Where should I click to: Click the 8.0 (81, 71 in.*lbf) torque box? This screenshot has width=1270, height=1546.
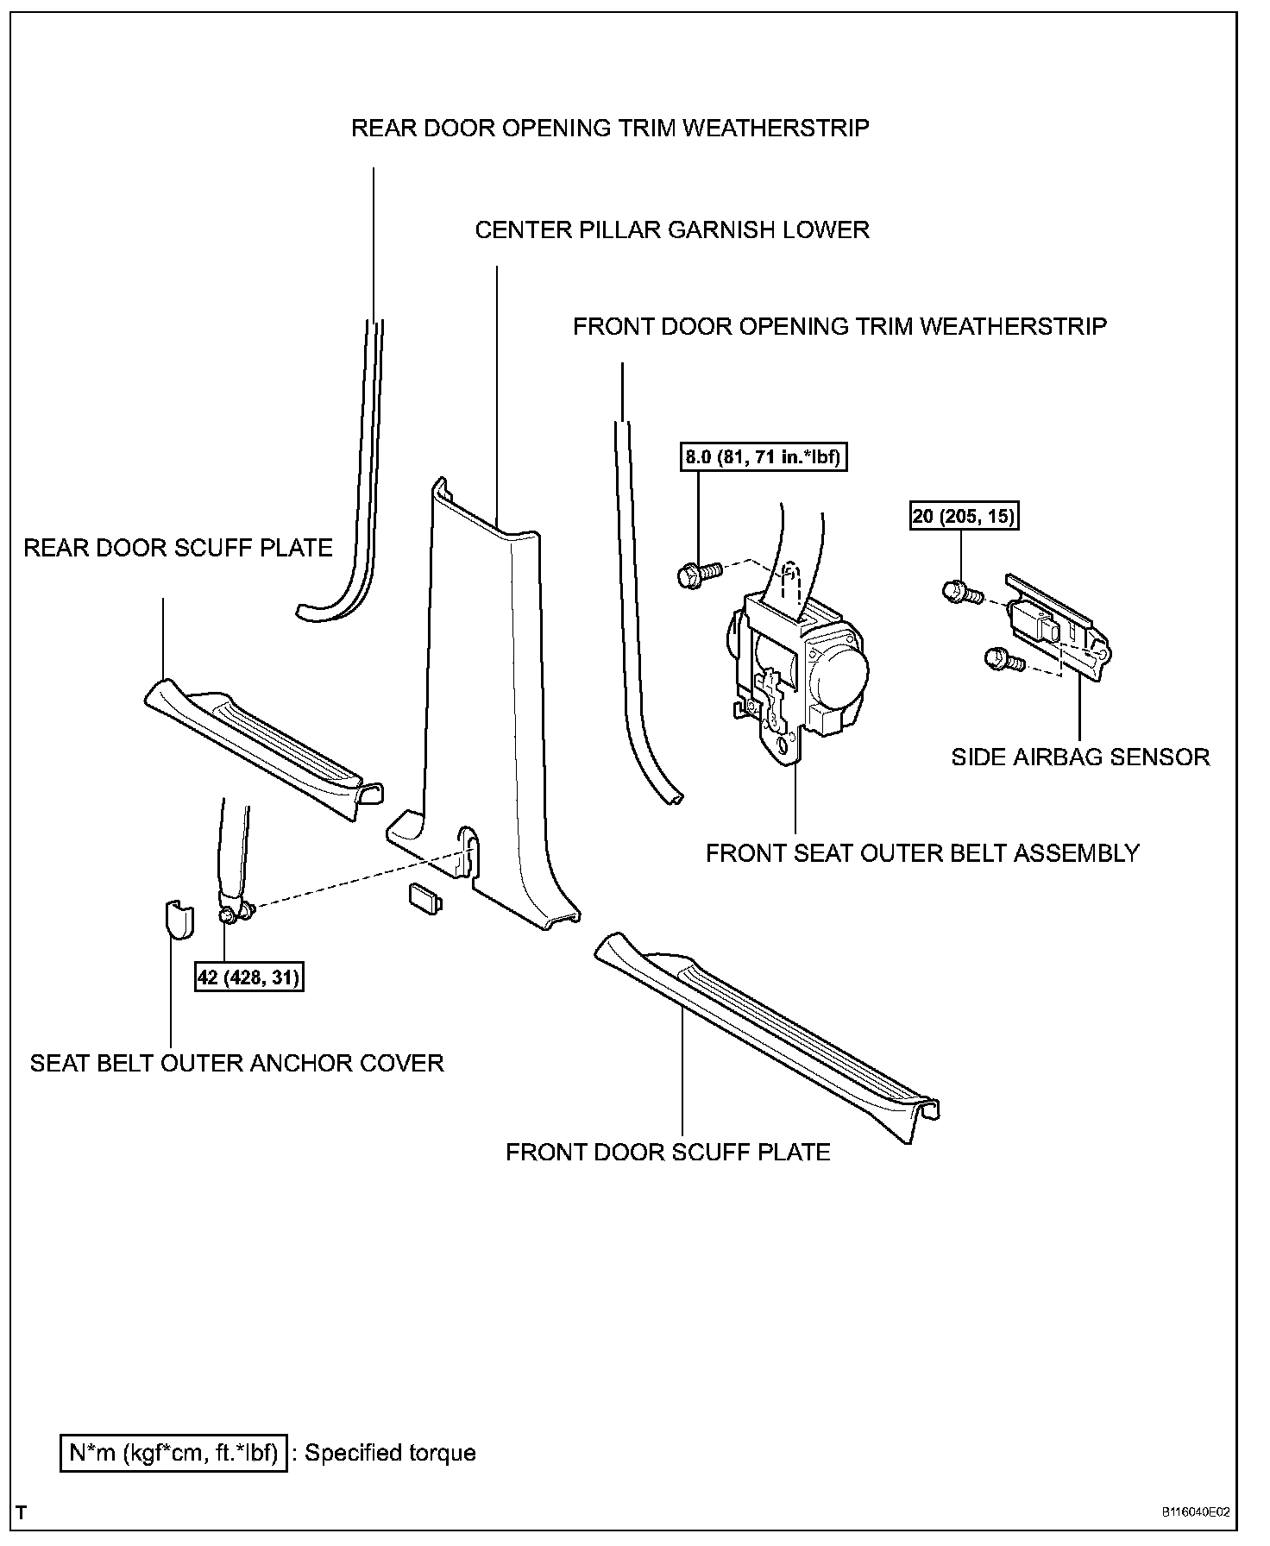(x=763, y=457)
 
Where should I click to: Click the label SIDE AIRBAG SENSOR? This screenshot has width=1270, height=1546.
(x=1080, y=757)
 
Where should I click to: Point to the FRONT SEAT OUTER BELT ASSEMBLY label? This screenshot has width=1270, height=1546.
(x=922, y=853)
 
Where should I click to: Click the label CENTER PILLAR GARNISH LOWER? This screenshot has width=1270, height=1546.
(x=672, y=230)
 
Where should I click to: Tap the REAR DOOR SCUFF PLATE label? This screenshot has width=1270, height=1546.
(x=178, y=548)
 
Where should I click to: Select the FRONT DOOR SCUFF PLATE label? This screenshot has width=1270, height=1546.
(x=668, y=1153)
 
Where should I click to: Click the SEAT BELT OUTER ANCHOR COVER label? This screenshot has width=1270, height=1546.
(x=236, y=1063)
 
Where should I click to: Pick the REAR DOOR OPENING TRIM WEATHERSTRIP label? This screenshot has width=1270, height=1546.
(x=610, y=129)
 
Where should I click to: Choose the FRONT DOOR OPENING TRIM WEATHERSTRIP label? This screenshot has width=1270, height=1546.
(x=839, y=327)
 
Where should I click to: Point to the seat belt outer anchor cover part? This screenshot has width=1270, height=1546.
(x=178, y=921)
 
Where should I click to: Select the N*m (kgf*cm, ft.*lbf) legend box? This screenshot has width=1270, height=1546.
(x=173, y=1454)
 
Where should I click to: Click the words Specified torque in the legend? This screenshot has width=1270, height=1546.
(x=390, y=1454)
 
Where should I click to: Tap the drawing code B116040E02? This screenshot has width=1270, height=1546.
(x=1196, y=1512)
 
